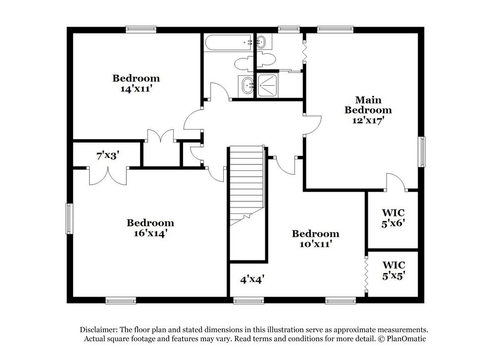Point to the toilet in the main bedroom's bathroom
click(x=254, y=61)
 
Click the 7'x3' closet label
click(x=108, y=155)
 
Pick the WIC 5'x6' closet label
click(x=394, y=218)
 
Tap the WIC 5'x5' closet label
click(x=394, y=270)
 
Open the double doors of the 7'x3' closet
click(x=108, y=175)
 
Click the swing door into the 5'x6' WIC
click(x=396, y=183)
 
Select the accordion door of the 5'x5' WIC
click(x=366, y=274)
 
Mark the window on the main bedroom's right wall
click(x=422, y=152)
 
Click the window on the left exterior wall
click(x=69, y=218)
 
